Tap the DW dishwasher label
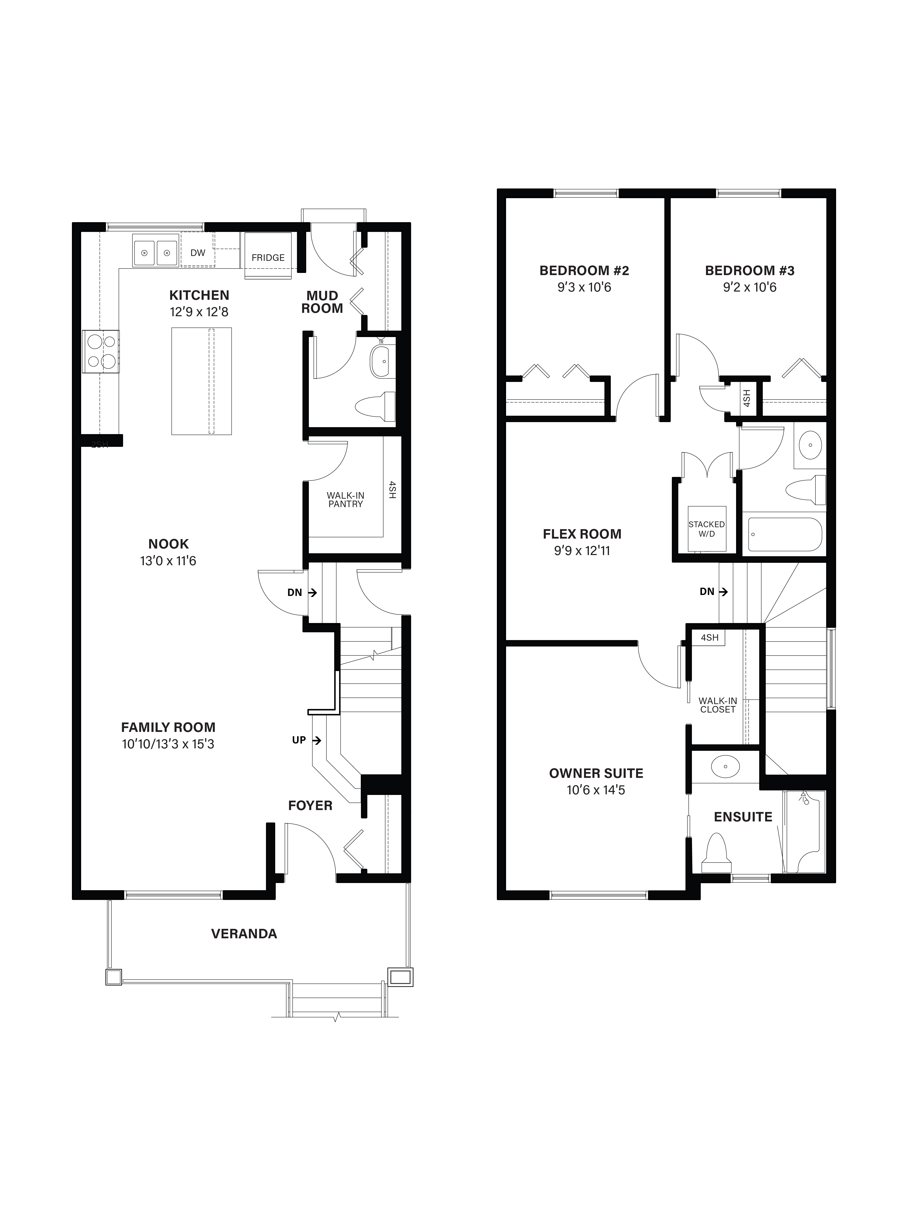198,253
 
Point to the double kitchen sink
155,253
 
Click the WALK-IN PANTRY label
345,499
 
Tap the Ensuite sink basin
725,766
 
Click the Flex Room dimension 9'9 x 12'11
582,550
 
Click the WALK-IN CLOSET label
717,705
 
